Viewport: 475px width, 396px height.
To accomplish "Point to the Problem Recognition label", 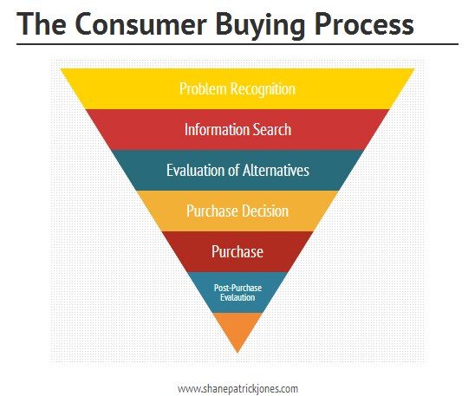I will pyautogui.click(x=237, y=89).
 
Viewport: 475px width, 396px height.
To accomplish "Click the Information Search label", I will pyautogui.click(x=237, y=130).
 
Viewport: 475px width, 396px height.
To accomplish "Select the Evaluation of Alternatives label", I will pyautogui.click(x=237, y=170).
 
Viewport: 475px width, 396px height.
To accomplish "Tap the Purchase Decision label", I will pyautogui.click(x=237, y=211).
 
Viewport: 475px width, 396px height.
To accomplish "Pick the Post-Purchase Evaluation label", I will pyautogui.click(x=237, y=290).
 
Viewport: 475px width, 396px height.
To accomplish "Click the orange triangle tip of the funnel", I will pyautogui.click(x=237, y=329).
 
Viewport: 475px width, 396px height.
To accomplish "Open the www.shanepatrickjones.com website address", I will pyautogui.click(x=237, y=388).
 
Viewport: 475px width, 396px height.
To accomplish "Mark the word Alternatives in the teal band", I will pyautogui.click(x=275, y=170).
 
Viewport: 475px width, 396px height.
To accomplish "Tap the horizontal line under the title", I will pyautogui.click(x=237, y=43).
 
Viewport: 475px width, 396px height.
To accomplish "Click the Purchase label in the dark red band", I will pyautogui.click(x=237, y=251).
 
